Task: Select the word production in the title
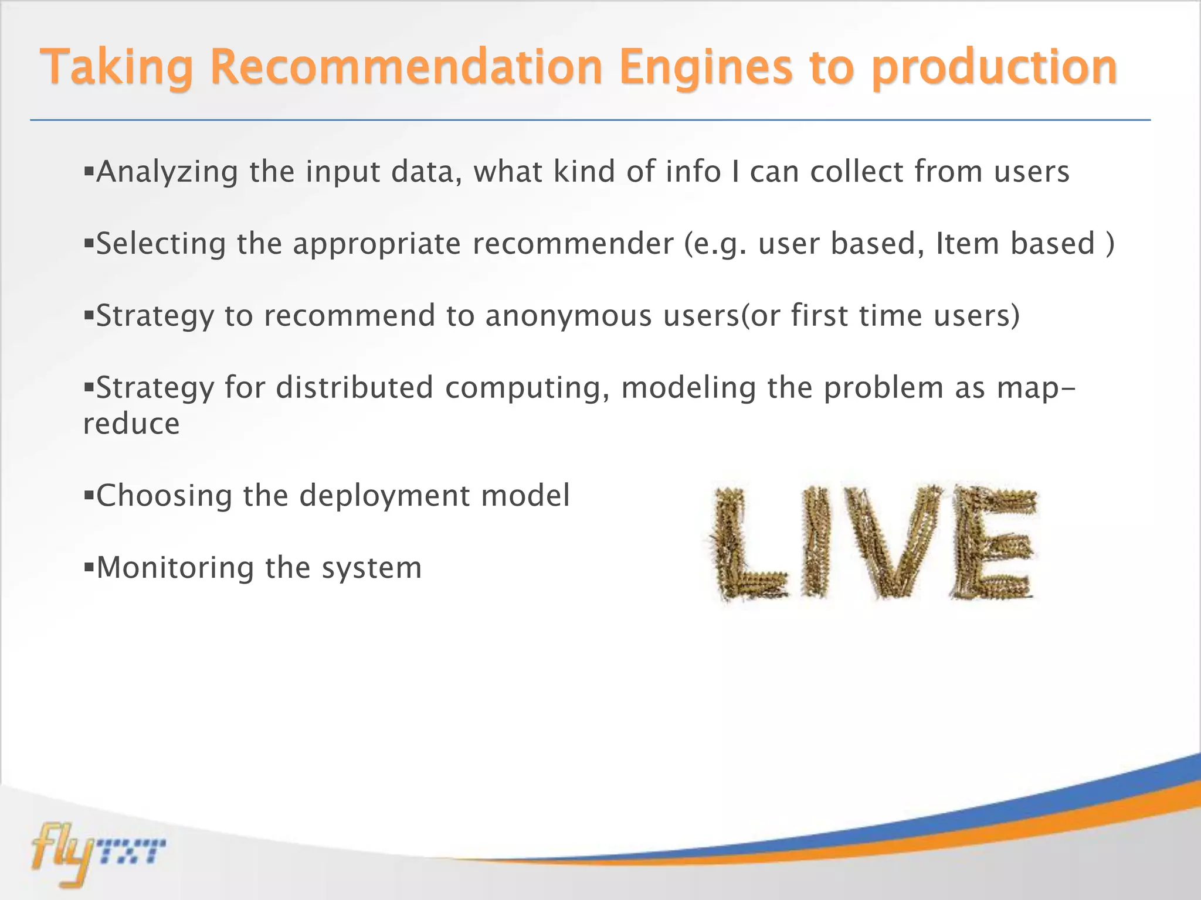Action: [993, 68]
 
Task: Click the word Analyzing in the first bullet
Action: [167, 172]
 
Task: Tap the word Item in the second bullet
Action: [967, 244]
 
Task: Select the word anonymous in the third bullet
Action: [568, 316]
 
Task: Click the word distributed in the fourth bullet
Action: [354, 388]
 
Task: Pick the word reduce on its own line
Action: [131, 424]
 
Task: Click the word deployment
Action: [384, 496]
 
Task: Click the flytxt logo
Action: [97, 853]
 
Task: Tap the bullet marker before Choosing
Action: [89, 496]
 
